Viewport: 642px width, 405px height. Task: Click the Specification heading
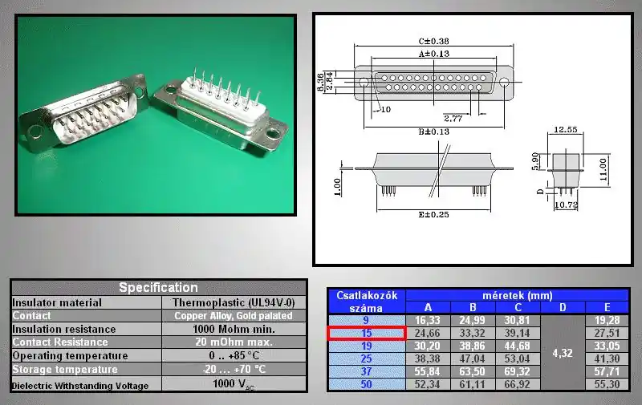(158, 288)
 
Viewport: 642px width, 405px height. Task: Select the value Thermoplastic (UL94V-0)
(234, 302)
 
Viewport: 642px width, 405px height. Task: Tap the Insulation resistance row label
(64, 330)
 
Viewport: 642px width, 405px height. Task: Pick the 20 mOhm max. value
(234, 342)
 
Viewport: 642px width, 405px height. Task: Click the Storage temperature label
(65, 370)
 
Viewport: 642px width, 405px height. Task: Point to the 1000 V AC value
(234, 384)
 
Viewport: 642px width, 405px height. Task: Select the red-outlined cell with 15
(367, 333)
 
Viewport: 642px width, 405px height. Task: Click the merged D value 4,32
(563, 353)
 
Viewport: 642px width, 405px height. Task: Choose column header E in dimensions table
(607, 307)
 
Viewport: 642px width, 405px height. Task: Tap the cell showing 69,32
(517, 371)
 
